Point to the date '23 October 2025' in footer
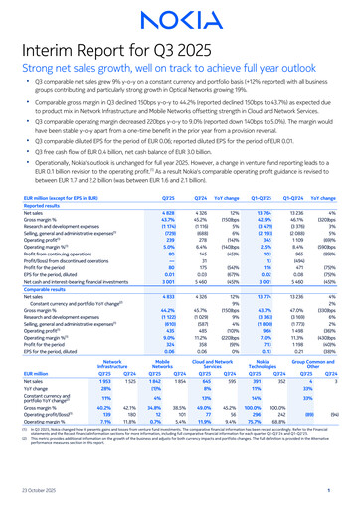point(42,496)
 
